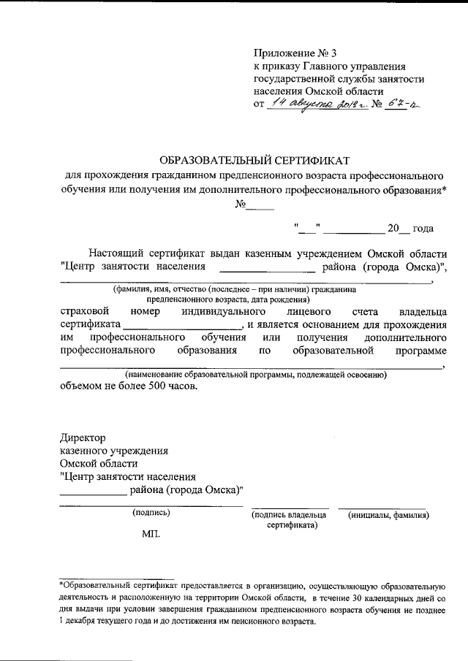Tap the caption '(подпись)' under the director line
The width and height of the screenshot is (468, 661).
tap(151, 513)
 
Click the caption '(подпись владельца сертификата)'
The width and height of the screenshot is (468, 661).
tap(290, 519)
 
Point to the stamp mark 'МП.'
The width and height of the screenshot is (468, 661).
tap(151, 534)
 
